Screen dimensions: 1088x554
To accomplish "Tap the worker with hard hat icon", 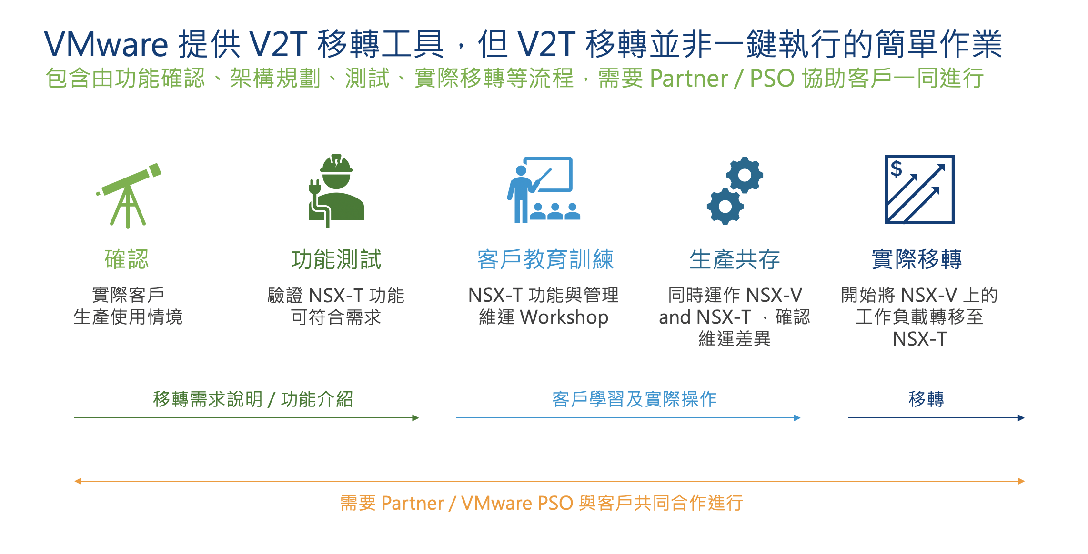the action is [x=336, y=190].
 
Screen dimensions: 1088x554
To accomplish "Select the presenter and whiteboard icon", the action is [x=543, y=190].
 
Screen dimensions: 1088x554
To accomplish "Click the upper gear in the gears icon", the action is [x=745, y=175].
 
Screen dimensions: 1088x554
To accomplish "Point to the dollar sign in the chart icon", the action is [x=897, y=168].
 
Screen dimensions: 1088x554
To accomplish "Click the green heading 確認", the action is [x=127, y=259].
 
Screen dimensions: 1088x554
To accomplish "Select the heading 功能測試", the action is [x=336, y=259].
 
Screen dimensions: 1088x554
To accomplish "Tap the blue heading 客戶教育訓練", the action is [x=545, y=259].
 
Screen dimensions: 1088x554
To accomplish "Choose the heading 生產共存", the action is [x=735, y=259].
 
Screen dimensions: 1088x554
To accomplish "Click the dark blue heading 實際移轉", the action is [x=917, y=259].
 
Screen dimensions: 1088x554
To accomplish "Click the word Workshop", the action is [x=564, y=317].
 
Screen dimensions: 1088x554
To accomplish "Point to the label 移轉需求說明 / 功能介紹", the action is [x=253, y=399].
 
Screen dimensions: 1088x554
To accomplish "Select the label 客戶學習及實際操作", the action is [x=635, y=399].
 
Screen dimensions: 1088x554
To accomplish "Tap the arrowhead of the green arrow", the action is [x=416, y=418].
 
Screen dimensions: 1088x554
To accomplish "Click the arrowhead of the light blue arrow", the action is [x=797, y=418].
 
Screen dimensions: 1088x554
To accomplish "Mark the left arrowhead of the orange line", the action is [x=78, y=481].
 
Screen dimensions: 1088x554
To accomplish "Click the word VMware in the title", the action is [x=106, y=44].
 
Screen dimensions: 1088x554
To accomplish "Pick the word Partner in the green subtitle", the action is [x=689, y=78].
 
